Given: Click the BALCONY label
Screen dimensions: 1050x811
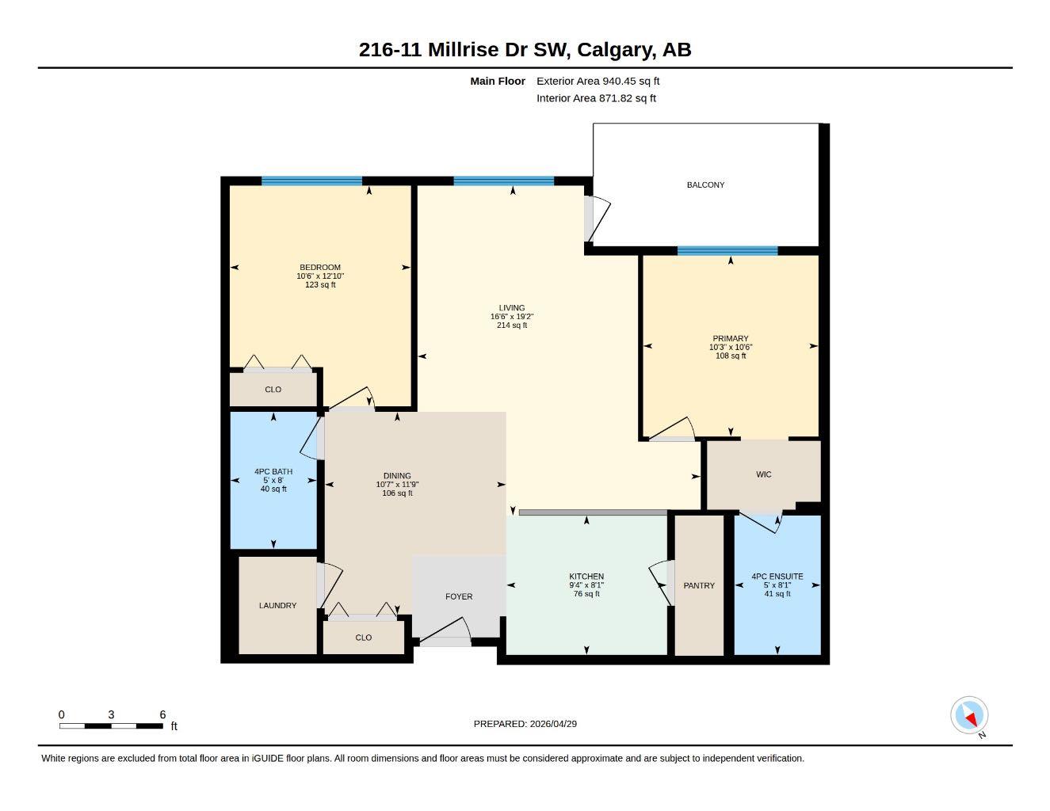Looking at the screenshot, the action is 705,185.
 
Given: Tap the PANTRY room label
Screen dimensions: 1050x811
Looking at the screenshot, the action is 699,585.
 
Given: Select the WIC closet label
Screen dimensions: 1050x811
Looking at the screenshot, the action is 763,474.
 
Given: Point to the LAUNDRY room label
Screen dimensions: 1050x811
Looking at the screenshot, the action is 277,605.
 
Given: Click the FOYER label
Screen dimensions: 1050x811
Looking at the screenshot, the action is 459,596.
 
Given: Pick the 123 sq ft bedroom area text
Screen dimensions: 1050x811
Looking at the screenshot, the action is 320,285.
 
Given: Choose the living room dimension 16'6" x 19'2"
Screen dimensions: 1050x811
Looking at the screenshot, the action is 512,317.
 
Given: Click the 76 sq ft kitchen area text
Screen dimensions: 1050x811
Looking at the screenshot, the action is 586,594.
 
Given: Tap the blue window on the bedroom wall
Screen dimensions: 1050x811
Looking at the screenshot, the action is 311,181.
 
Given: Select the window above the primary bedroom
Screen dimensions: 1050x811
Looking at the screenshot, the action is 727,250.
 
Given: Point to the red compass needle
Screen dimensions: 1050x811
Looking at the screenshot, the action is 971,719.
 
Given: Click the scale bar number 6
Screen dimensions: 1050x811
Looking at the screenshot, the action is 162,714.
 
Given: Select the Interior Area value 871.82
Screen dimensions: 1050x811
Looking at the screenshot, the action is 615,98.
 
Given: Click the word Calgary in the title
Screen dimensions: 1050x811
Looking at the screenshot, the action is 616,50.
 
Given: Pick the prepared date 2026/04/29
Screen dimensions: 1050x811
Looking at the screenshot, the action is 553,724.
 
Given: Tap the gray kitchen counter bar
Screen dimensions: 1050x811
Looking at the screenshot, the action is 593,512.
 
